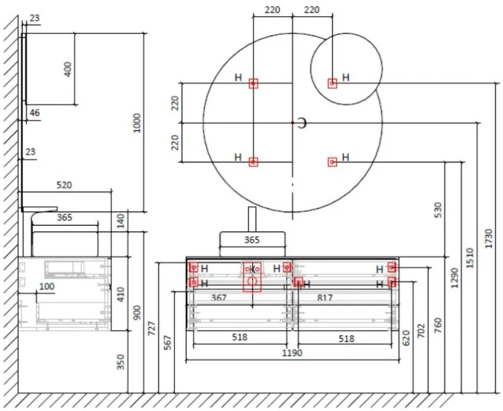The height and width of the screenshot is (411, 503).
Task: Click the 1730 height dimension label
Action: (489, 238)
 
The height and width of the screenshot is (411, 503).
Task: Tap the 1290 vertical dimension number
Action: (454, 277)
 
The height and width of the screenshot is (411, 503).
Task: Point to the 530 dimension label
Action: (438, 210)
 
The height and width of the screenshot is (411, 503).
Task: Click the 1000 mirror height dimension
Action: (137, 122)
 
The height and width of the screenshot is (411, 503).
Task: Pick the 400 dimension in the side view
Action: (68, 69)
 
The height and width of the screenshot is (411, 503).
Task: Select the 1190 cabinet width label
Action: (292, 353)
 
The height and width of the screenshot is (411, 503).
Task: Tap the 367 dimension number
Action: (219, 297)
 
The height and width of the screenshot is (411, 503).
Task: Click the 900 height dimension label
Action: (137, 313)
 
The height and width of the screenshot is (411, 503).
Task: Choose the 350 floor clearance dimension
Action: (121, 362)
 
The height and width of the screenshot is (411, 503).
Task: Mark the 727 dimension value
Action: (152, 328)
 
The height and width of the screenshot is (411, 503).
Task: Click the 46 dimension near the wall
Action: (35, 113)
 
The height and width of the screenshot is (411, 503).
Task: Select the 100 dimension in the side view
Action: (47, 286)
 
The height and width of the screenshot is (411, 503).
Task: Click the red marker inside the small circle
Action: (332, 83)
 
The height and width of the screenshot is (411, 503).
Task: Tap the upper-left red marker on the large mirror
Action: (254, 84)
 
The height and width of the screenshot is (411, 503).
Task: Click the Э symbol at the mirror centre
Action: (302, 122)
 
